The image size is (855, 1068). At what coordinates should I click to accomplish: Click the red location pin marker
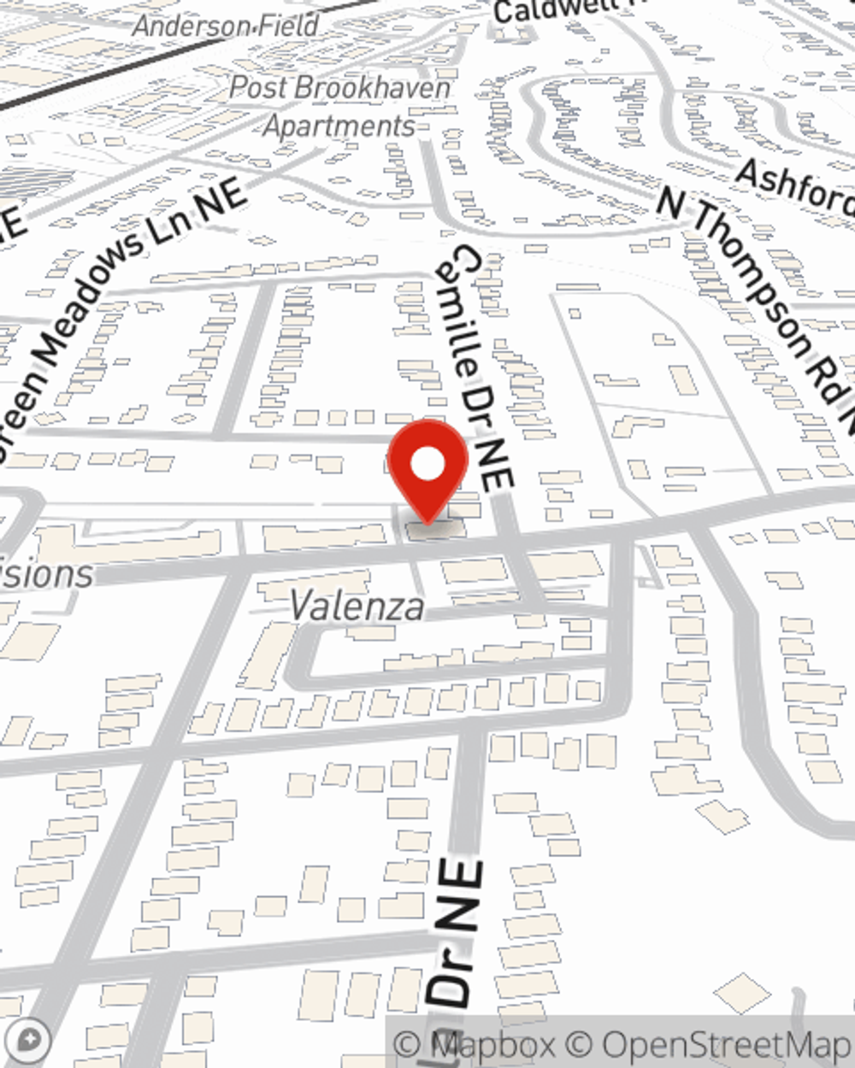[x=427, y=470]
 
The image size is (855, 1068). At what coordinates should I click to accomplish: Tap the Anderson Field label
[x=226, y=26]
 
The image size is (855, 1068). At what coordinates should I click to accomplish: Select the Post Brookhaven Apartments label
[x=340, y=106]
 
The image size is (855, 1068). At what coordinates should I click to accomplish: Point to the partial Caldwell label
[x=556, y=10]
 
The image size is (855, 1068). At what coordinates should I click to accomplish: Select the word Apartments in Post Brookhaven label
[x=340, y=126]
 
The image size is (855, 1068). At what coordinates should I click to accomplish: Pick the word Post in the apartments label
[x=256, y=87]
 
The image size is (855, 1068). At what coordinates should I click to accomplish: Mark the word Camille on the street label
[x=462, y=316]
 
